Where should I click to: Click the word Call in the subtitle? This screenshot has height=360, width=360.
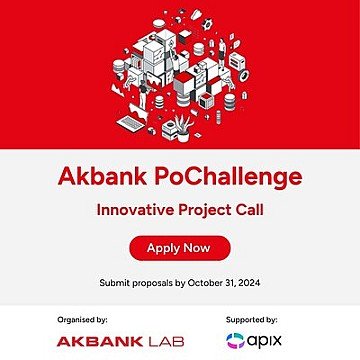tap(246, 211)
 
